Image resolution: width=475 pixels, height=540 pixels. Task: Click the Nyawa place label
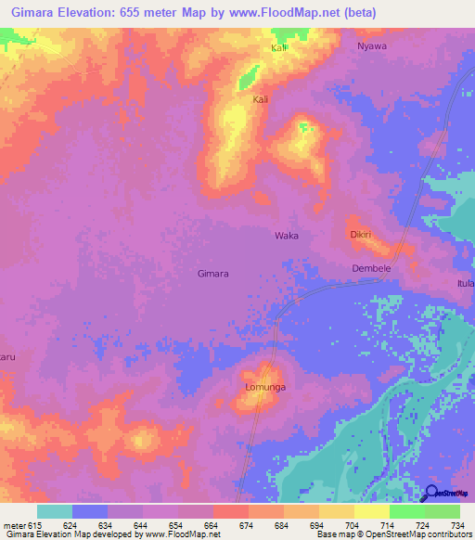coord(371,45)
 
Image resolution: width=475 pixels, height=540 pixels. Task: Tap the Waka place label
coord(287,236)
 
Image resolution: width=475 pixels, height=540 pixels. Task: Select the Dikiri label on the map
coord(361,235)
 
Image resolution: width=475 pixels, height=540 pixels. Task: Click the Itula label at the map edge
coord(465,282)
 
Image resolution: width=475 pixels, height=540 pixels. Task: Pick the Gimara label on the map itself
coord(213,274)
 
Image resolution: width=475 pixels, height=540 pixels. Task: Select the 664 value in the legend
coord(212,525)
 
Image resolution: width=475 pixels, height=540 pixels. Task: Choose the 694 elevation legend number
coord(317,525)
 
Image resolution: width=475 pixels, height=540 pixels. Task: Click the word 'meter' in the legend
coord(16,525)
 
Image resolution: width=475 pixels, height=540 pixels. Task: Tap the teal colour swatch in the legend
coord(55,511)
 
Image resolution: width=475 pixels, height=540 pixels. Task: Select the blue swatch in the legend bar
coord(90,511)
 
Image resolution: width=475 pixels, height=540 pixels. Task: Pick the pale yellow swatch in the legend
coord(371,511)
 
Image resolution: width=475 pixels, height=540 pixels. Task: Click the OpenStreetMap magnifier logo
coord(430,495)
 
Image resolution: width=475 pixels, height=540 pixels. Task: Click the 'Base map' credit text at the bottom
coord(336,534)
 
